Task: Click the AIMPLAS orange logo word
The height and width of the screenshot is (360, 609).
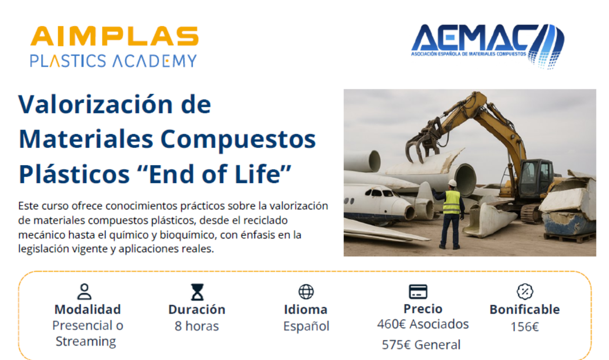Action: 114,36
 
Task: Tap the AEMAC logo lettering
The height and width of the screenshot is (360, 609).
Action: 474,37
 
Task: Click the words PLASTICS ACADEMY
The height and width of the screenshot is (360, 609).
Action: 113,61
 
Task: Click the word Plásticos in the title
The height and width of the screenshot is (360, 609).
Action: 74,174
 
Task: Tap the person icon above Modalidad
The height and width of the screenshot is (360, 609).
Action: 84,291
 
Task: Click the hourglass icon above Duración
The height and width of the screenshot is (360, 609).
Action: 197,292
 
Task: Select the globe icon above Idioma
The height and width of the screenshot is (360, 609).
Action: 306,292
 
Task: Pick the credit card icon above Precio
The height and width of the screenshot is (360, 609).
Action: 418,291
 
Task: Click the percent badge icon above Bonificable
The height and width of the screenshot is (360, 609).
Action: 525,291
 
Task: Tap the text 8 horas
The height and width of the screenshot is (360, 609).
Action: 196,326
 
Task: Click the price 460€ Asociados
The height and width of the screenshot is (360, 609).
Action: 423,324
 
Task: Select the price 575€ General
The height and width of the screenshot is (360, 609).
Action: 421,345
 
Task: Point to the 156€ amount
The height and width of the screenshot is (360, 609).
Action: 525,327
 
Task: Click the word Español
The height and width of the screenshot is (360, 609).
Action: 306,326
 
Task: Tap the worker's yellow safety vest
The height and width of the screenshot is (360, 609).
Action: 452,202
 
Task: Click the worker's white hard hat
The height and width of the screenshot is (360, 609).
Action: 452,183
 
